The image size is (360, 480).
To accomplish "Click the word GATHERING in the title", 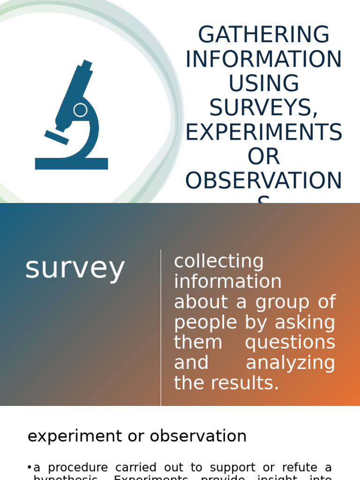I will [x=264, y=35].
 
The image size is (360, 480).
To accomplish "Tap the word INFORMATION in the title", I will [x=264, y=60].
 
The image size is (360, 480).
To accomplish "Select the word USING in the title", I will [x=264, y=84].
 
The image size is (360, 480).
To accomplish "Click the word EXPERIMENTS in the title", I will [x=264, y=133].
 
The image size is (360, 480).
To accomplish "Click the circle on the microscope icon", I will [x=80, y=110].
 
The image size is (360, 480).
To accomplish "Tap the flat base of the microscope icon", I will [x=71, y=164].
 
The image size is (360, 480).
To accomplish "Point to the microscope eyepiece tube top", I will [x=87, y=64].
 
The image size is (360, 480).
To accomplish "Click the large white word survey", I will [x=75, y=269].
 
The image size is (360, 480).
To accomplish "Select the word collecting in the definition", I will [x=219, y=261].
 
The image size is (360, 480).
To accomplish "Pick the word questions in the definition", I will [x=290, y=342].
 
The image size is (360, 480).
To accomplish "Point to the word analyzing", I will [x=291, y=363].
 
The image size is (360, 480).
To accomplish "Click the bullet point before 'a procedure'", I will [x=30, y=467].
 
